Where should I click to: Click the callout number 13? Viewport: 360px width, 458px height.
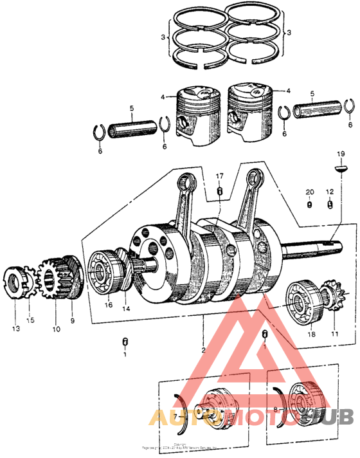15,328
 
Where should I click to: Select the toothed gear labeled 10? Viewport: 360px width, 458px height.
53,280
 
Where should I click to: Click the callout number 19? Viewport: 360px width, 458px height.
341,154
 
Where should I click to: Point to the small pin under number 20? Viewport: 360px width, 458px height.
309,205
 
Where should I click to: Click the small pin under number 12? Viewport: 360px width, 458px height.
330,205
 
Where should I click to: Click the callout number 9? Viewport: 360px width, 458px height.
72,319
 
